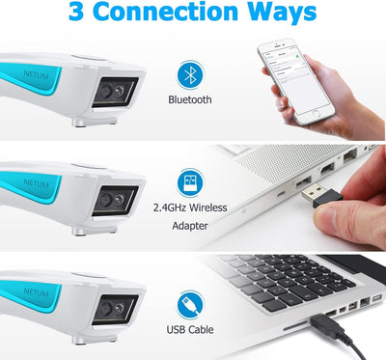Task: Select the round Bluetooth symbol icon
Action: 191,74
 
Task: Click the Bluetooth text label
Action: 191,99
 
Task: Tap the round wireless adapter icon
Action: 191,183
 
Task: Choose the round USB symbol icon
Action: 191,305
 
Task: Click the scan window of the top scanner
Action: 111,92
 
